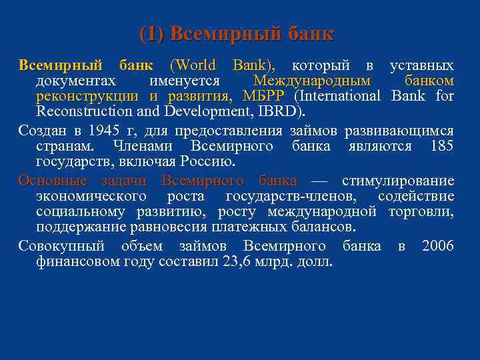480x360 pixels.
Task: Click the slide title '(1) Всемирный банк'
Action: tap(237, 33)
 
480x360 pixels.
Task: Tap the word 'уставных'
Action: tap(421, 65)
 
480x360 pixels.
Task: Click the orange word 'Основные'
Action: tap(53, 181)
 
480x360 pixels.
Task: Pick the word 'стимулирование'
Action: tap(398, 181)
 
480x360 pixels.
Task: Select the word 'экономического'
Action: tap(91, 196)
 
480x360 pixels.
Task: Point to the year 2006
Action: tap(437, 247)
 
